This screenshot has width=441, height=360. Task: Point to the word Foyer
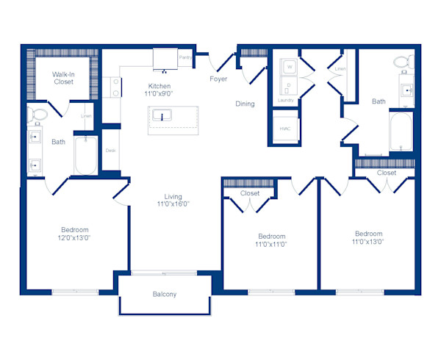click(218, 79)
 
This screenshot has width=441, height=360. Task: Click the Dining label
click(245, 104)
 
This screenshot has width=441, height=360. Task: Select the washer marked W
click(289, 67)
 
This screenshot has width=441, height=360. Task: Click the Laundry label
click(285, 99)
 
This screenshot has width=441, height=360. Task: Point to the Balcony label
click(165, 295)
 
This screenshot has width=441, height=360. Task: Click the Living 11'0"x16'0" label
click(173, 201)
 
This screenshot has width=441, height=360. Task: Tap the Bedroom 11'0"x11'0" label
click(270, 240)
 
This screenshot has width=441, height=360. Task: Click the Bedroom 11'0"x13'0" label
click(368, 237)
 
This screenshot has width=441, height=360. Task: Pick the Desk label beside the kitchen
click(110, 151)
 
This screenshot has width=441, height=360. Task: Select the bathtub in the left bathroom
click(86, 155)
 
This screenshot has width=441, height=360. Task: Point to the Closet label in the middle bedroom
click(250, 193)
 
